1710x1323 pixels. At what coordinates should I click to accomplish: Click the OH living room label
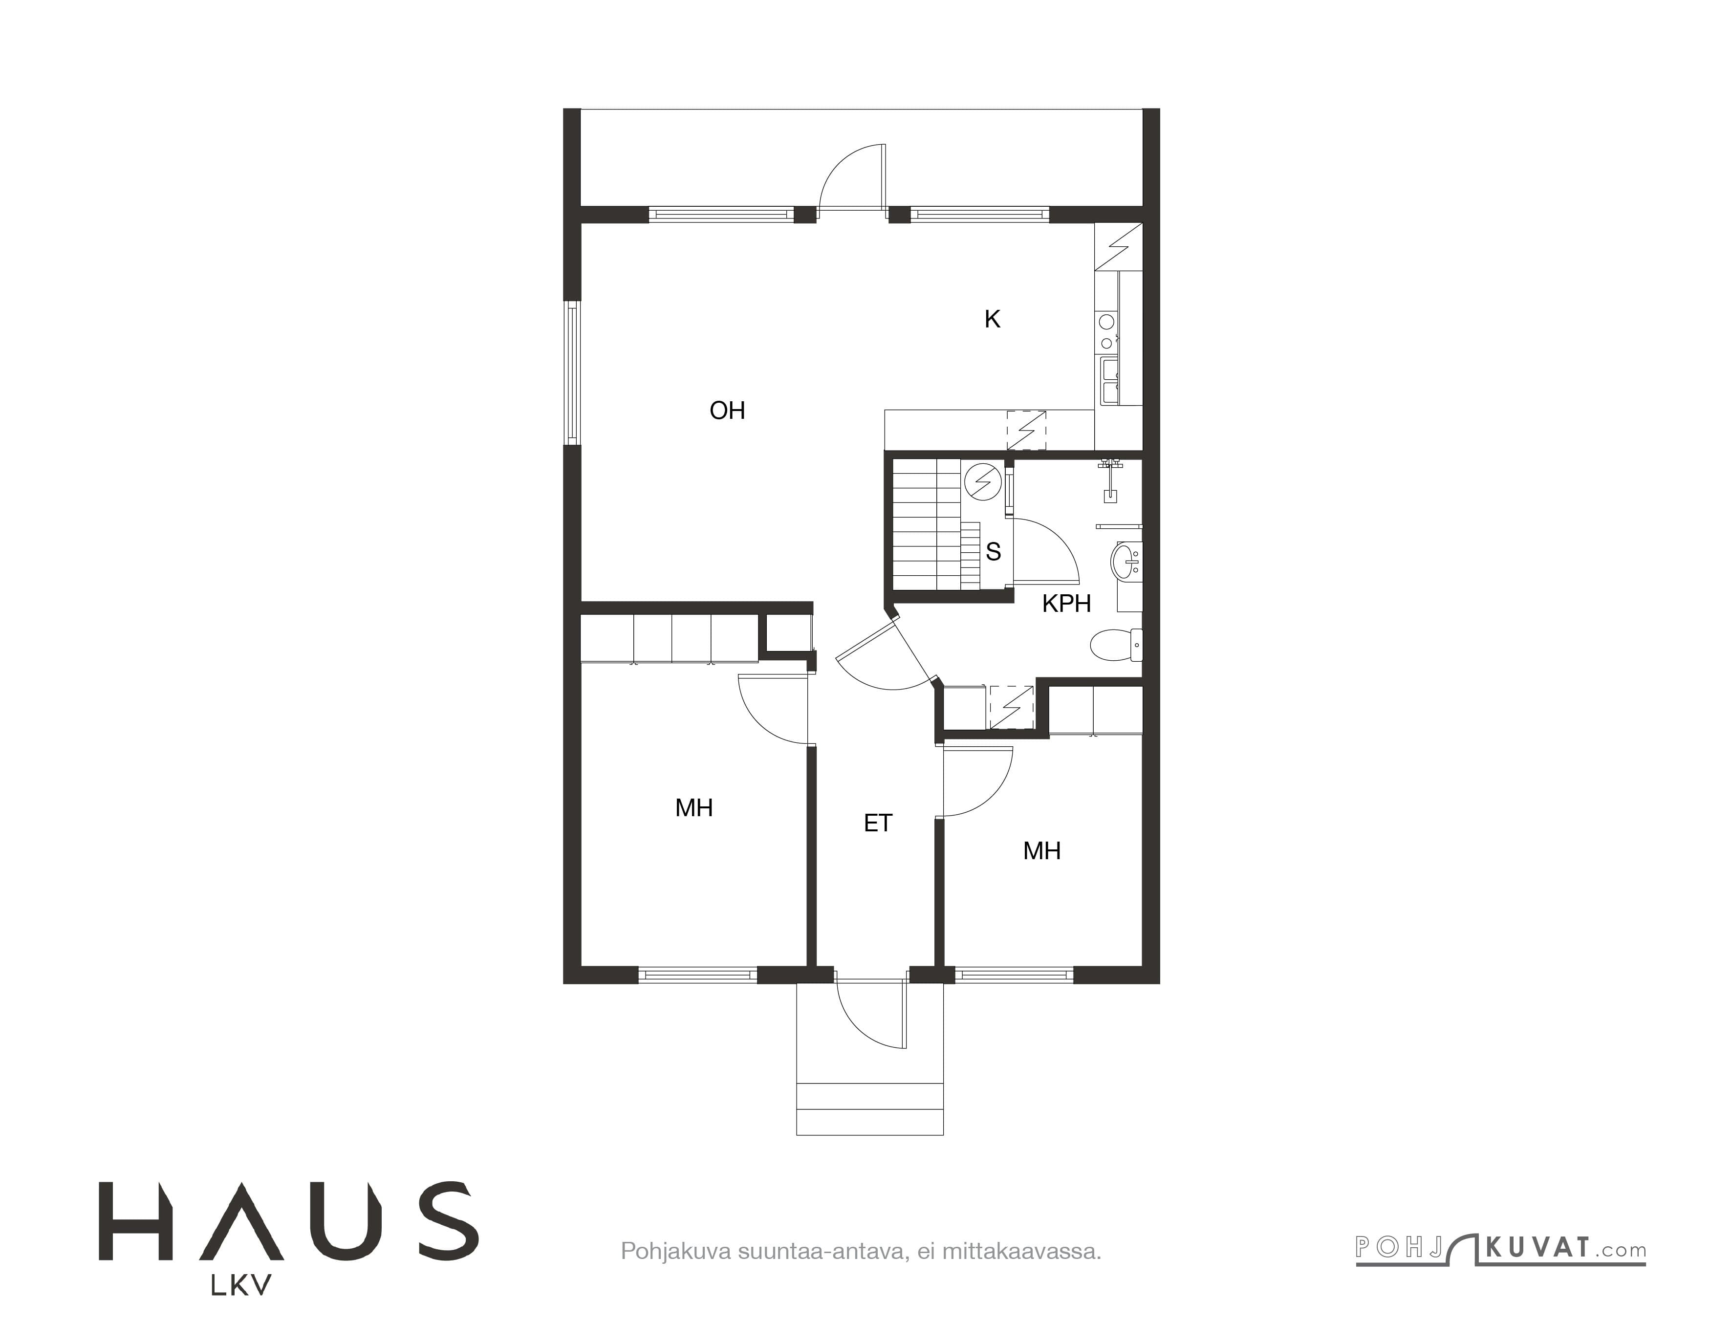(727, 410)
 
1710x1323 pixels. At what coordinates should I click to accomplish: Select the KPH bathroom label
(1066, 604)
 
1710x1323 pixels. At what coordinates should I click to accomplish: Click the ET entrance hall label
(878, 823)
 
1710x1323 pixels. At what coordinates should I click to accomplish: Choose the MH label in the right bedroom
(1041, 851)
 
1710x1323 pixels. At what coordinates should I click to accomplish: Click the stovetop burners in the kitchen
(1107, 332)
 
